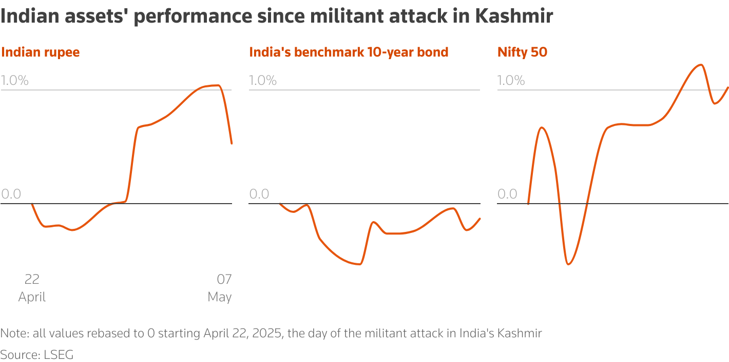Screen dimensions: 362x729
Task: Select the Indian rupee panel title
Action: (41, 52)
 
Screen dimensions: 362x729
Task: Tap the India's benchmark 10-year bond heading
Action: (349, 52)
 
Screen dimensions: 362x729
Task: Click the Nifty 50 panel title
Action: (522, 52)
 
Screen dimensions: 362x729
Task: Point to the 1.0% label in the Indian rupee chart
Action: (15, 80)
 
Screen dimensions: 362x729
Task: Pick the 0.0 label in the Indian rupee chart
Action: (11, 194)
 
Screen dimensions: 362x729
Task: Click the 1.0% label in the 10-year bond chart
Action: (263, 80)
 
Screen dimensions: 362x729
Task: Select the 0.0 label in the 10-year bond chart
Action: (259, 194)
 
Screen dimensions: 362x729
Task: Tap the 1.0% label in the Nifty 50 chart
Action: (511, 80)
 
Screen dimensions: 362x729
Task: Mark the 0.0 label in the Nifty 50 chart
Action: (507, 194)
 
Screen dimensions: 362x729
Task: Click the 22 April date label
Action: (32, 288)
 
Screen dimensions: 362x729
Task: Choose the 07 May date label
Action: (220, 288)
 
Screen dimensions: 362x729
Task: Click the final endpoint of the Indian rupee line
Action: (232, 143)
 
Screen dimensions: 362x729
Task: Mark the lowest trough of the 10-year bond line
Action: (360, 264)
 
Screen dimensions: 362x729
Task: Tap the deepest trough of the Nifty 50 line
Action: (568, 264)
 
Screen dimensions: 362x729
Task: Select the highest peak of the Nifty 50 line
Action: (700, 65)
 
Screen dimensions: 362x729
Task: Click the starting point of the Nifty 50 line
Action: (528, 204)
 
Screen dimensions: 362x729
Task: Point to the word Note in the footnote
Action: (14, 333)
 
